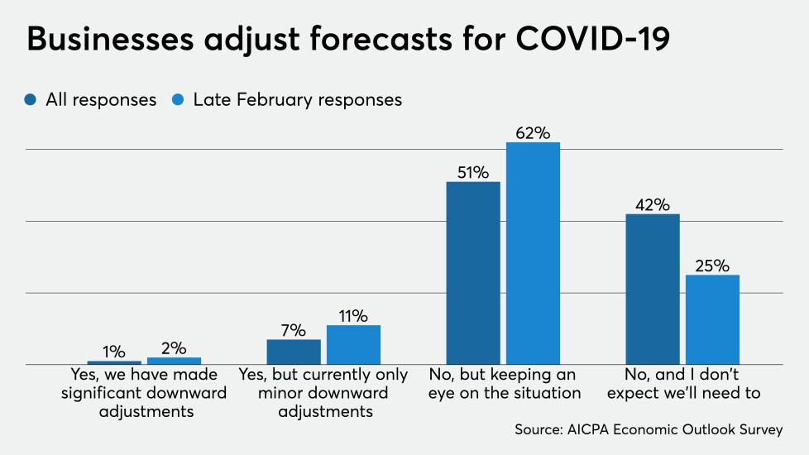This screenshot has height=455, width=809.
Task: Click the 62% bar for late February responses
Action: click(x=533, y=253)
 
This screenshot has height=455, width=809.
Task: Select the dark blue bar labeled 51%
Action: click(x=473, y=273)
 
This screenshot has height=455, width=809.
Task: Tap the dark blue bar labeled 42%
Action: click(x=653, y=289)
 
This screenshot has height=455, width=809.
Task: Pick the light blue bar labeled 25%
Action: click(x=712, y=319)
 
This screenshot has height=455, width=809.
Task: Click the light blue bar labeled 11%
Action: click(x=353, y=344)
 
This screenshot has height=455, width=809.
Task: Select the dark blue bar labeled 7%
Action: click(x=294, y=352)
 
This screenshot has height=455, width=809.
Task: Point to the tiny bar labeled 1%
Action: click(x=114, y=362)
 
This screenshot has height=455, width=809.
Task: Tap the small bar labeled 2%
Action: click(x=174, y=361)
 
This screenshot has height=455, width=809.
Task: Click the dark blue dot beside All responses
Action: click(x=31, y=100)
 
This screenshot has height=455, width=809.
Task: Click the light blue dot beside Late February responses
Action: click(x=180, y=100)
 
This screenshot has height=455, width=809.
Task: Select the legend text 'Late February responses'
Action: click(x=297, y=100)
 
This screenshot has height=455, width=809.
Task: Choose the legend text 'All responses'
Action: click(x=100, y=100)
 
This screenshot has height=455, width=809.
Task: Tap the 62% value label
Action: click(x=533, y=132)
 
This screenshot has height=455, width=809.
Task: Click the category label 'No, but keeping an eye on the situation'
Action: click(x=505, y=384)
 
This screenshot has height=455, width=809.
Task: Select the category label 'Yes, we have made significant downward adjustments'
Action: click(x=144, y=393)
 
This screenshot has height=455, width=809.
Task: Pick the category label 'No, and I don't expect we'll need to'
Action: click(x=683, y=384)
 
